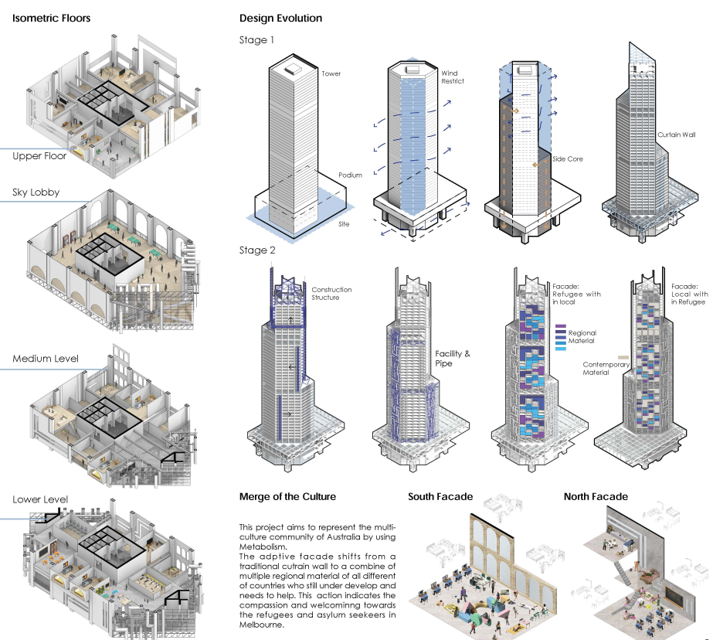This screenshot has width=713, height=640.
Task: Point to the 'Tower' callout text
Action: [x=331, y=74]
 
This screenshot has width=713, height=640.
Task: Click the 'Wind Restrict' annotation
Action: [x=452, y=77]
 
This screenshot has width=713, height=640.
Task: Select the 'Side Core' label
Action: [x=568, y=159]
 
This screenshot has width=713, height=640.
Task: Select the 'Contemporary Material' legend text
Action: [x=606, y=369]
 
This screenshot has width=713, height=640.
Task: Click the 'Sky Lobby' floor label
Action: [x=36, y=192]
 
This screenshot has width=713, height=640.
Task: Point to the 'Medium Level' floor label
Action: [x=45, y=359]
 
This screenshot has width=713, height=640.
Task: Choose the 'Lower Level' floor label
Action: [x=39, y=499]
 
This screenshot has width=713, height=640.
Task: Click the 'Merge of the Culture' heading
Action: [x=287, y=497]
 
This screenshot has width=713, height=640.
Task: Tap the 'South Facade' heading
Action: [x=440, y=497]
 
